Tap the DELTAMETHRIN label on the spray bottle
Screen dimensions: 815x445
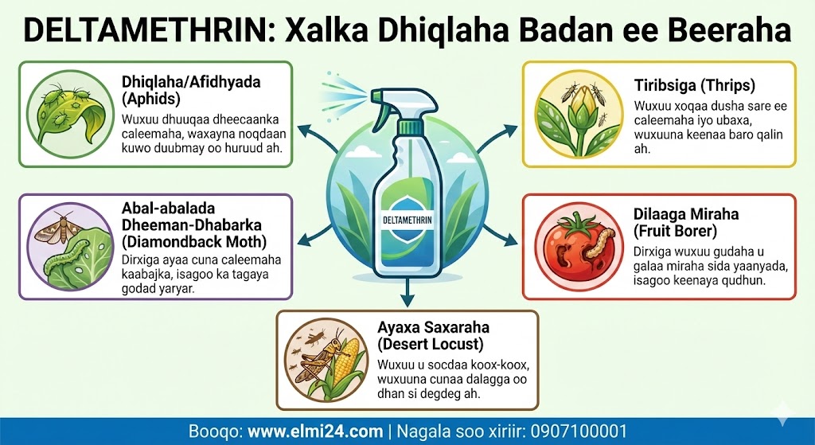[407, 220]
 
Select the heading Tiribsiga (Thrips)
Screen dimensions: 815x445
[694, 85]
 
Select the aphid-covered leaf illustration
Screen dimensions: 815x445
[70, 114]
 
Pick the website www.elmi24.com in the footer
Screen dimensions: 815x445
[315, 431]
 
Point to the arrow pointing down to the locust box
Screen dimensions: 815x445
[407, 291]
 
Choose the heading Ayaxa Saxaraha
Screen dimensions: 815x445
[434, 327]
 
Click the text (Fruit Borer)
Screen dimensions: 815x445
[675, 230]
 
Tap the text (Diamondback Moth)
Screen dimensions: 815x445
[194, 242]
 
